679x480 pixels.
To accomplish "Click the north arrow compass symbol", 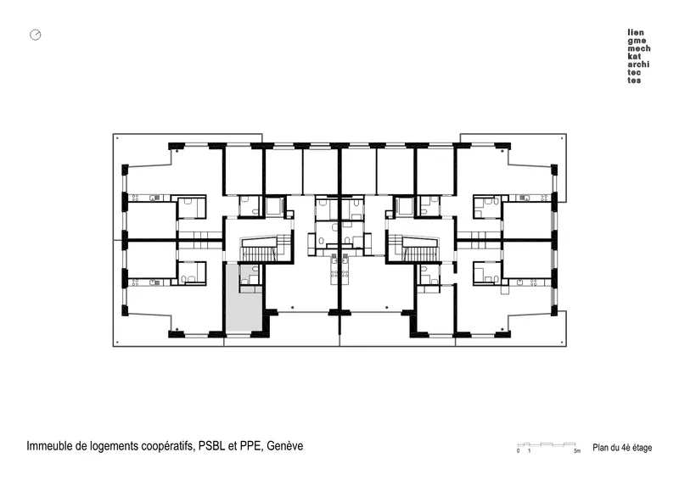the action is (x=36, y=35).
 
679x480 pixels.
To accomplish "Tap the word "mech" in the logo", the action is (x=639, y=48).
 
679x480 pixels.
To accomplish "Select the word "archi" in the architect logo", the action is (x=638, y=64).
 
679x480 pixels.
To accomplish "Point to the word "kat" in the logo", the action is (x=634, y=56).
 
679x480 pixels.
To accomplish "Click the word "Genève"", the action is (x=284, y=446).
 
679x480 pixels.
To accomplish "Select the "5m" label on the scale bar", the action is (x=577, y=451).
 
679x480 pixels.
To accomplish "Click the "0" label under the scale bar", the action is (x=518, y=451).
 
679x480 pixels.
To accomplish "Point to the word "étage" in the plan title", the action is (x=643, y=448).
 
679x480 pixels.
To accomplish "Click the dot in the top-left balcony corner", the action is (x=117, y=138).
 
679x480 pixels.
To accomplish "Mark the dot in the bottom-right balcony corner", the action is (x=562, y=342).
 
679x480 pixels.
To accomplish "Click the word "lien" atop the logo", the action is (x=636, y=32).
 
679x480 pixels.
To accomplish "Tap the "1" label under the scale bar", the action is (x=529, y=451).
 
